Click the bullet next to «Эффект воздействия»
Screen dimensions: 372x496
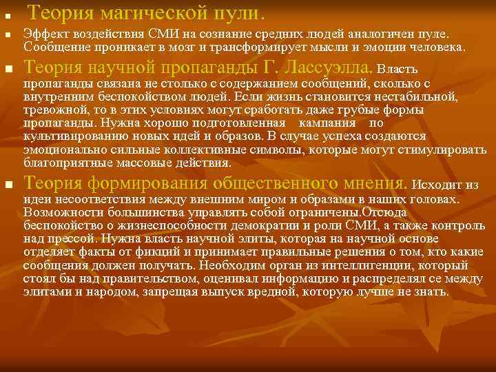point(6,34)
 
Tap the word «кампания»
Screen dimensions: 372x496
point(330,123)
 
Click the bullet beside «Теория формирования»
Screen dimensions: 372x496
point(7,185)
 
